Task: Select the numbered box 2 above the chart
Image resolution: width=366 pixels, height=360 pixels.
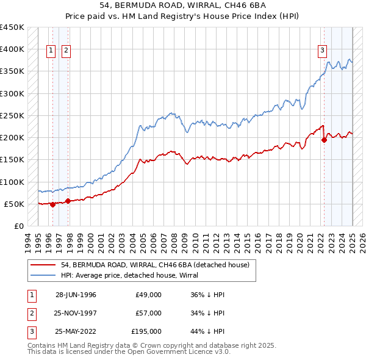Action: click(66, 51)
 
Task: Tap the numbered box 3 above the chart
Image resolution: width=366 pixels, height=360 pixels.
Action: click(322, 51)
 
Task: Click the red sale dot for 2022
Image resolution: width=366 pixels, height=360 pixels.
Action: click(325, 140)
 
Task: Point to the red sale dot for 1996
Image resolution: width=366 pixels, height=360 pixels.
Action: click(53, 204)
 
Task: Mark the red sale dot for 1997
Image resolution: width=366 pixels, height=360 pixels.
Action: click(68, 201)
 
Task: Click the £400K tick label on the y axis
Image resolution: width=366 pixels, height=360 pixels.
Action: click(12, 49)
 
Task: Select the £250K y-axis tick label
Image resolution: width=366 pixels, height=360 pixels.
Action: click(12, 115)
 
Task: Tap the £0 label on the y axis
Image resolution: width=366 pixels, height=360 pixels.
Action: click(18, 226)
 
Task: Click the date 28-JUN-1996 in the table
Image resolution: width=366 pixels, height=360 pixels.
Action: click(76, 295)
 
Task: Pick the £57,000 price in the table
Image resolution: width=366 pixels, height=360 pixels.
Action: click(148, 313)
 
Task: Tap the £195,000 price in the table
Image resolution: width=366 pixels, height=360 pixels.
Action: click(146, 331)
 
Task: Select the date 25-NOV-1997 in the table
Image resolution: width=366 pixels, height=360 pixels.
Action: click(76, 313)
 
